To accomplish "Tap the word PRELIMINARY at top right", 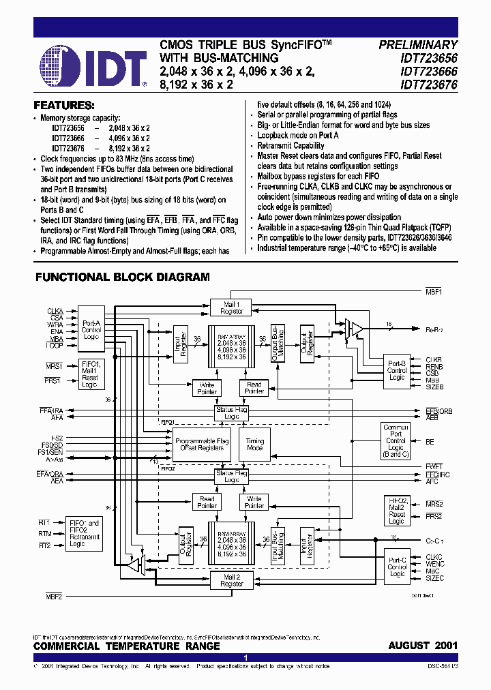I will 418,45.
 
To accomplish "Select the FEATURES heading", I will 64,106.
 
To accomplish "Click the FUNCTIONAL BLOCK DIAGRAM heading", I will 123,277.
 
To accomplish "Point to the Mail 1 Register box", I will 232,307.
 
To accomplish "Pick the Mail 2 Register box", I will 232,580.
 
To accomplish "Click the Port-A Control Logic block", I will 91,331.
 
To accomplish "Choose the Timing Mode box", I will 254,444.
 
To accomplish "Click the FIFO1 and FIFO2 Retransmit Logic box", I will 85,533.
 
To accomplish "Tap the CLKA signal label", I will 55,311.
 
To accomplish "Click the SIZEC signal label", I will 434,578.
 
